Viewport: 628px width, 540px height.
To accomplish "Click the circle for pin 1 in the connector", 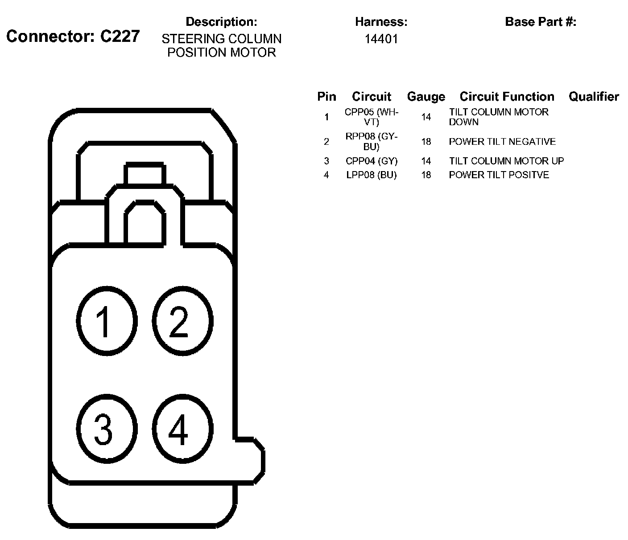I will pyautogui.click(x=106, y=320).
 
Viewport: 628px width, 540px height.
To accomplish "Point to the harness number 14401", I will pyautogui.click(x=381, y=39).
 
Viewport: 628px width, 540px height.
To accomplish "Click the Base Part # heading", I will pyautogui.click(x=540, y=22).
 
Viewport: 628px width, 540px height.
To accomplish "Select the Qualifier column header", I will pyautogui.click(x=594, y=97).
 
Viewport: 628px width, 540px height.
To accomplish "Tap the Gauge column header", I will pyautogui.click(x=426, y=97).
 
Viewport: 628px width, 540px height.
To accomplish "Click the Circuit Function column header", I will pyautogui.click(x=507, y=97).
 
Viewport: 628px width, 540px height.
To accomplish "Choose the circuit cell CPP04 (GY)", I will pyautogui.click(x=371, y=161).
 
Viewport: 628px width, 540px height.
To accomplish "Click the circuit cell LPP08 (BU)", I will pyautogui.click(x=371, y=175).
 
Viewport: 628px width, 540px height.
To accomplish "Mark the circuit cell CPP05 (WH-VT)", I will pyautogui.click(x=371, y=117).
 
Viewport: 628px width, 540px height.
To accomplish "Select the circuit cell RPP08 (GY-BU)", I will pyautogui.click(x=371, y=142).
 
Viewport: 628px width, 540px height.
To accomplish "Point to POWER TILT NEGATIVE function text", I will pyautogui.click(x=502, y=142).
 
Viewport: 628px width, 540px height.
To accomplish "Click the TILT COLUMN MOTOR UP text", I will pyautogui.click(x=506, y=161).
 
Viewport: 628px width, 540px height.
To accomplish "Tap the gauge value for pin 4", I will pyautogui.click(x=426, y=175).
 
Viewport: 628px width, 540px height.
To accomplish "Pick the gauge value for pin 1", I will pyautogui.click(x=426, y=117).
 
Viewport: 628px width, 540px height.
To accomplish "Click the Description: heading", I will pyautogui.click(x=221, y=22).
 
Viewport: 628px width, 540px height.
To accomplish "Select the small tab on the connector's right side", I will pyautogui.click(x=251, y=459).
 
